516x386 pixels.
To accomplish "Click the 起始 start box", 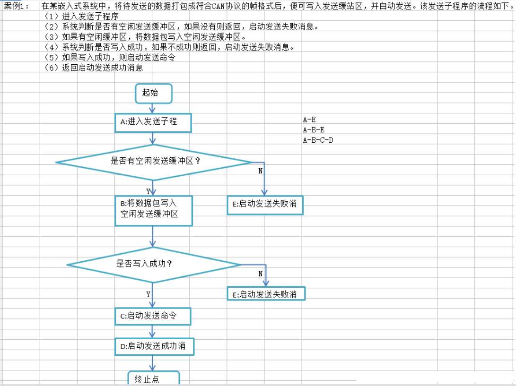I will (154, 93).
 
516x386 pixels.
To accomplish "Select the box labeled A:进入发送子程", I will (153, 122).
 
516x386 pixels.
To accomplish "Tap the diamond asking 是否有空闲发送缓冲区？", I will (155, 162).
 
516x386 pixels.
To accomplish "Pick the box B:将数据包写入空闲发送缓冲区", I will (153, 209).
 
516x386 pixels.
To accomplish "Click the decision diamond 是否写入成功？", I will (154, 264).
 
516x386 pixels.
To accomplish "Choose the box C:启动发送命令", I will (153, 316).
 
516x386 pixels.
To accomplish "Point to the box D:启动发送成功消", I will (154, 346).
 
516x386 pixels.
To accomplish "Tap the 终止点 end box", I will (154, 378).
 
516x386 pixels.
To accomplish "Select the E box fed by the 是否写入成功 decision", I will (266, 294).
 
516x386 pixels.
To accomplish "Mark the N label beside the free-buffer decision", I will (260, 171).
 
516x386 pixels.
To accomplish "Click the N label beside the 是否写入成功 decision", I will (260, 274).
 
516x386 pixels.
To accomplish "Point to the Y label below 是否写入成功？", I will (148, 294).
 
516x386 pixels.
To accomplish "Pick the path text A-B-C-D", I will (318, 140).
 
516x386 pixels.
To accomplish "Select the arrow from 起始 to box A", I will (152, 108).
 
